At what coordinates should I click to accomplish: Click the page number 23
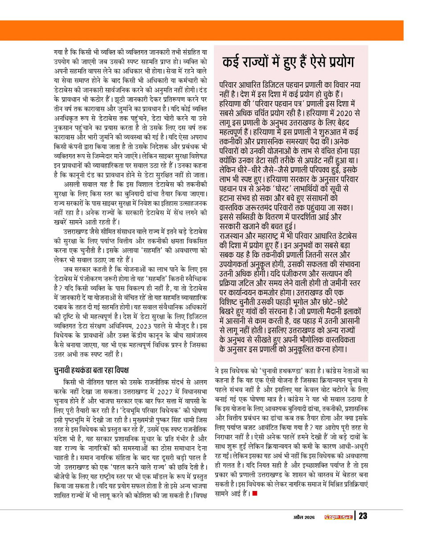click(363, 516)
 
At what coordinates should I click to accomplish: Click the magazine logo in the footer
click(337, 516)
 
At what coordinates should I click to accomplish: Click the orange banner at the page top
click(210, 30)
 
